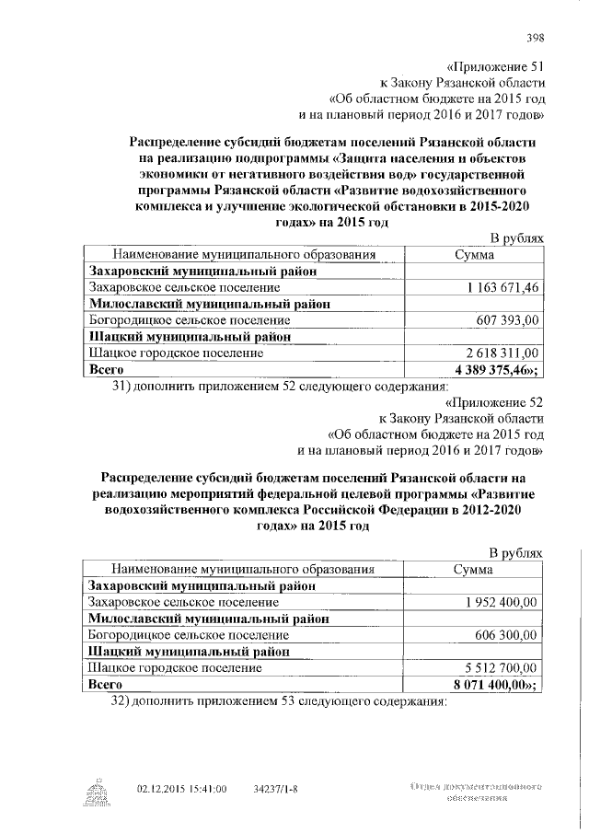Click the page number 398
pos(535,38)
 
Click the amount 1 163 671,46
pos(503,288)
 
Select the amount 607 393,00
pos(508,320)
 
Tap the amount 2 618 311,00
pos(503,353)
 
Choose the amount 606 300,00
pos(508,635)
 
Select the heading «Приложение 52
pos(493,402)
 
